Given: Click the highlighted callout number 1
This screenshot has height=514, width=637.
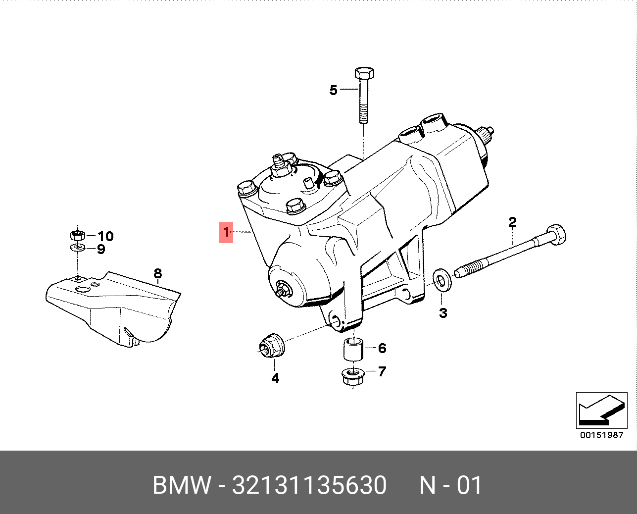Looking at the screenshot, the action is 226,232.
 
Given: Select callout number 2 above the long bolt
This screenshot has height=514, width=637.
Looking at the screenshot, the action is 512,222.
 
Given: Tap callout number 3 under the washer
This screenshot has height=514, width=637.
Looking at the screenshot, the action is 443,312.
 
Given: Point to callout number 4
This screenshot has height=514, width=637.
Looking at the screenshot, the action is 275,378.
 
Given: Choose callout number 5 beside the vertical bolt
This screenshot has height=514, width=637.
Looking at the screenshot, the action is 333,90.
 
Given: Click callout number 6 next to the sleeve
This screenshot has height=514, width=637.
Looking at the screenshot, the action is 382,348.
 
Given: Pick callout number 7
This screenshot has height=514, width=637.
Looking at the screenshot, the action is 382,371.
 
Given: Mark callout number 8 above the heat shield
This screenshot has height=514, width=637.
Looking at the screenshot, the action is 157,273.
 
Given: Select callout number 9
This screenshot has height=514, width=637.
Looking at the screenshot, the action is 101,249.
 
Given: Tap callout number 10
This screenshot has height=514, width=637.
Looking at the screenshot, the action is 105,236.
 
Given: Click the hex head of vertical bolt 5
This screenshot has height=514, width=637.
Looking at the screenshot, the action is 364,73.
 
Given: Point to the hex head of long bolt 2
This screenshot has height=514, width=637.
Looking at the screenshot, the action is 556,234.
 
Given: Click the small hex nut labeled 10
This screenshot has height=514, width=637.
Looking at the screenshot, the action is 77,235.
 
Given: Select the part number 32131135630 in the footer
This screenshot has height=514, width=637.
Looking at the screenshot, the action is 309,485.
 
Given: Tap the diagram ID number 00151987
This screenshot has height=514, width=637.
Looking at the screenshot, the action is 601,435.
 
